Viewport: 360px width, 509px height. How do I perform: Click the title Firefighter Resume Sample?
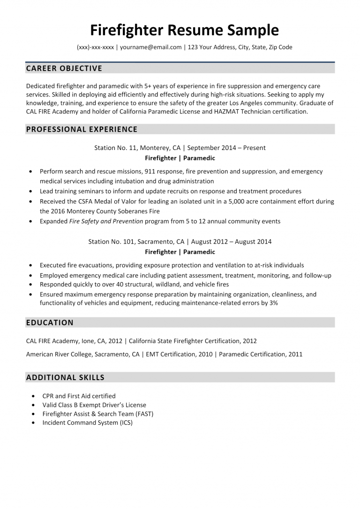184,30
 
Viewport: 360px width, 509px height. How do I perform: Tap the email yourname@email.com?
150,47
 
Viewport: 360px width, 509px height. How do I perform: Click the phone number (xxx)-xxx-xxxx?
95,47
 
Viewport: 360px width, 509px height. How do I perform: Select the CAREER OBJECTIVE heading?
64,68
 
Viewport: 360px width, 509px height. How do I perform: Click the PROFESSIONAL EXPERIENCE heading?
82,129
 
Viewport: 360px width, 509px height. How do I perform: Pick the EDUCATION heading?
50,322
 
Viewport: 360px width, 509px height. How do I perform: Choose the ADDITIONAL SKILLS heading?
65,377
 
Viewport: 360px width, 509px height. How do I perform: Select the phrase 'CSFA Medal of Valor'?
101,202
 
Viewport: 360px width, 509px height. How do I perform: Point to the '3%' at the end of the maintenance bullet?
273,303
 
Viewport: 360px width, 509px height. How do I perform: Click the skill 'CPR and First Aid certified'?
79,396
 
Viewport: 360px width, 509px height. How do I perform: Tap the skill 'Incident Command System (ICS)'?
87,423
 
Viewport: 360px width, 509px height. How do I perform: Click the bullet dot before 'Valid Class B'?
33,405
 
